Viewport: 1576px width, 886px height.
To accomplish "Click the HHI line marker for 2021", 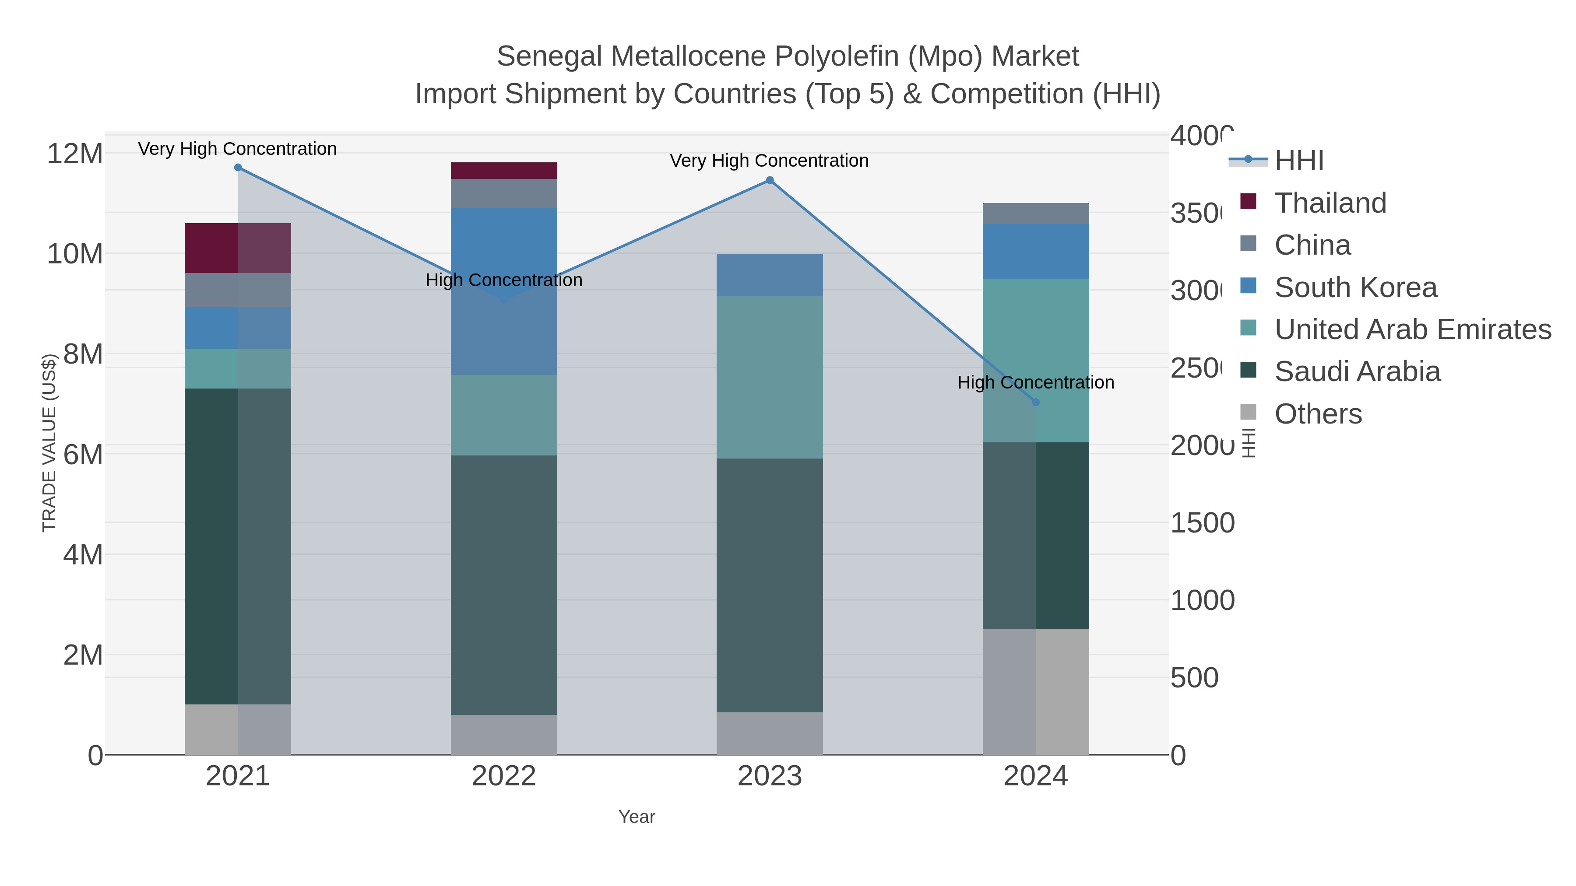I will pos(238,168).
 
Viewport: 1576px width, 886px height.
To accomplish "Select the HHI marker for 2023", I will pos(770,180).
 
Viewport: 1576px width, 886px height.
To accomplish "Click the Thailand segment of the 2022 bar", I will pos(503,171).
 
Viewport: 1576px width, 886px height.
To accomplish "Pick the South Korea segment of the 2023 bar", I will pos(770,275).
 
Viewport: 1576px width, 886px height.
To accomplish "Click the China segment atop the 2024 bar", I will pos(1035,214).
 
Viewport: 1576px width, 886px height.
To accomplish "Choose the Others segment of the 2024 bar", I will pos(1035,691).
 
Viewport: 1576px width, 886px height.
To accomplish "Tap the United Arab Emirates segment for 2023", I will pos(770,377).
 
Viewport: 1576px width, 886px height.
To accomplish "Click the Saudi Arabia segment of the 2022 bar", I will pos(503,585).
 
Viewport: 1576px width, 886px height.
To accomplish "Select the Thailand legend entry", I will pos(1330,203).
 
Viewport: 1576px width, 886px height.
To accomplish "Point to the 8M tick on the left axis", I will pos(83,354).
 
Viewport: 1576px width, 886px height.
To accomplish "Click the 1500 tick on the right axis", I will pos(1202,523).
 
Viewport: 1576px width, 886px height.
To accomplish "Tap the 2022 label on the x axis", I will pos(503,776).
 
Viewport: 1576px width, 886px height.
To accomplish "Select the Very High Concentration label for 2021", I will pos(237,149).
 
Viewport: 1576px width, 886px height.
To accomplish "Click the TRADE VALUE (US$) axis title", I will pos(49,443).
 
